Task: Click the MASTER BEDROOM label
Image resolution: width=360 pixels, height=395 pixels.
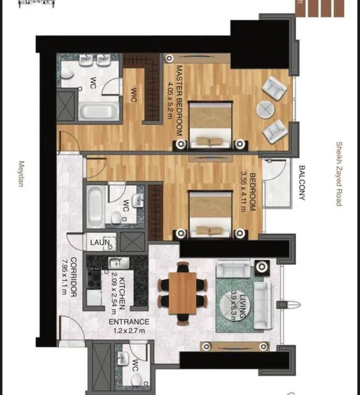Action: [x=181, y=101]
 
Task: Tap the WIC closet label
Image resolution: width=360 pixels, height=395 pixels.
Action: [x=135, y=96]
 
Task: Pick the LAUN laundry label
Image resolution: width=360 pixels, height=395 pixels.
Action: [x=99, y=242]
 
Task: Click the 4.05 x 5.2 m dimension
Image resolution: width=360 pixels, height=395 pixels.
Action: [x=170, y=101]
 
